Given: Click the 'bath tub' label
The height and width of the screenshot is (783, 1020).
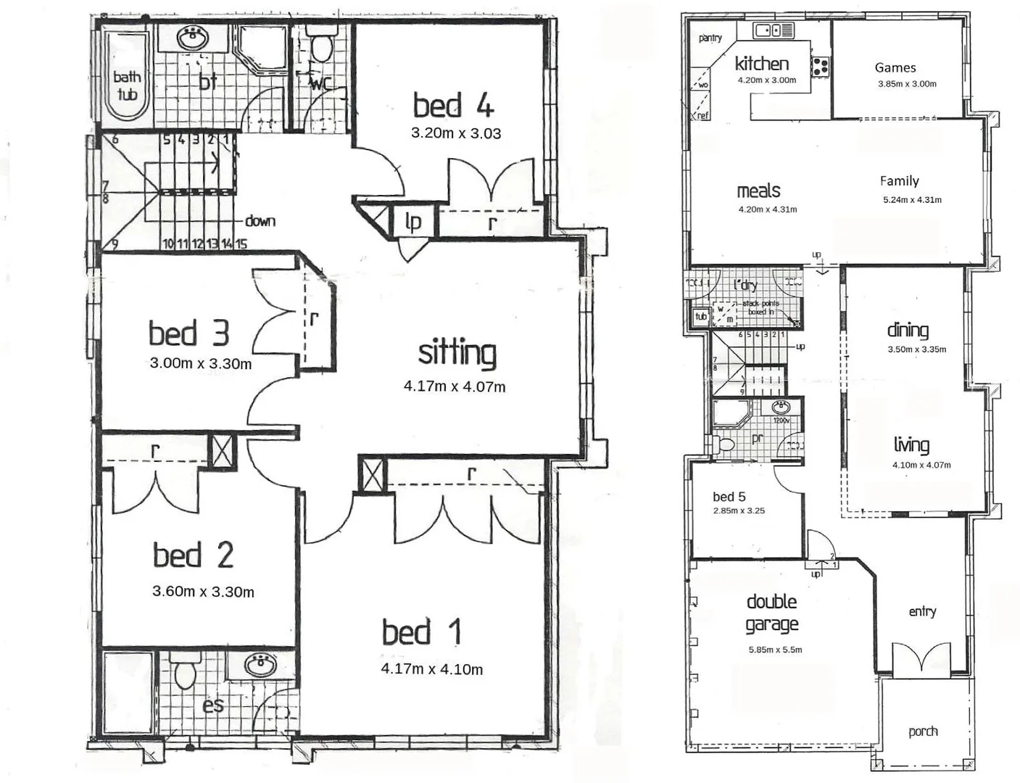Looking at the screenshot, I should tap(127, 85).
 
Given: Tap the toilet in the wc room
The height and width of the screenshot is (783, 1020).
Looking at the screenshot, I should tap(320, 46).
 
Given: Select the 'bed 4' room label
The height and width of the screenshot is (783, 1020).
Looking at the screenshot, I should tap(453, 106).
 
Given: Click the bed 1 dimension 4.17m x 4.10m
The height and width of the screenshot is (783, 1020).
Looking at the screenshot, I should tap(431, 669).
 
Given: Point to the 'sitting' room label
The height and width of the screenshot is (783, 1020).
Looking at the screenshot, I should tap(457, 353).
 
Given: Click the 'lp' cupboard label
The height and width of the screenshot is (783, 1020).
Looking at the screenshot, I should tap(413, 221).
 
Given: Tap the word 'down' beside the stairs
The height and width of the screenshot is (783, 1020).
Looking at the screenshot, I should tap(260, 220).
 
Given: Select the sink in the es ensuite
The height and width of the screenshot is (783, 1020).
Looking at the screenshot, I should tap(259, 663).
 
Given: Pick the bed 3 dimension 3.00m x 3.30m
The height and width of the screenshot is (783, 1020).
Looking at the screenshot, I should tap(200, 363).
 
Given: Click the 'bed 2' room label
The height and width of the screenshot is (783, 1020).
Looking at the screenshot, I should tap(193, 555).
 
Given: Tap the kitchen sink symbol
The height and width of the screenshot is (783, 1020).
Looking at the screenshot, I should tap(773, 30).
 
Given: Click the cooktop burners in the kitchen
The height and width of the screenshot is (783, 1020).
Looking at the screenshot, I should tap(820, 67).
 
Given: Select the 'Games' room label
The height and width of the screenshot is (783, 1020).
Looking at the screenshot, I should tap(895, 67).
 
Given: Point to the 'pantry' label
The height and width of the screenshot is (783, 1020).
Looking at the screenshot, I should tap(710, 38).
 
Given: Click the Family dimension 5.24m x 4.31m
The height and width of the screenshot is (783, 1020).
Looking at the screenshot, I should tap(912, 199).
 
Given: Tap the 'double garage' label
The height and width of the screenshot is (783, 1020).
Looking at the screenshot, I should tap(772, 613).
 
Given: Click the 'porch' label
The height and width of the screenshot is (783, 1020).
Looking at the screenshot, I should tap(923, 732).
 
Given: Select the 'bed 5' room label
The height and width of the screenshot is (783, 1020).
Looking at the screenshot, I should tap(729, 497).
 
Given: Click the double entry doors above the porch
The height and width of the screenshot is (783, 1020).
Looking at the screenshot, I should tap(920, 660).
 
